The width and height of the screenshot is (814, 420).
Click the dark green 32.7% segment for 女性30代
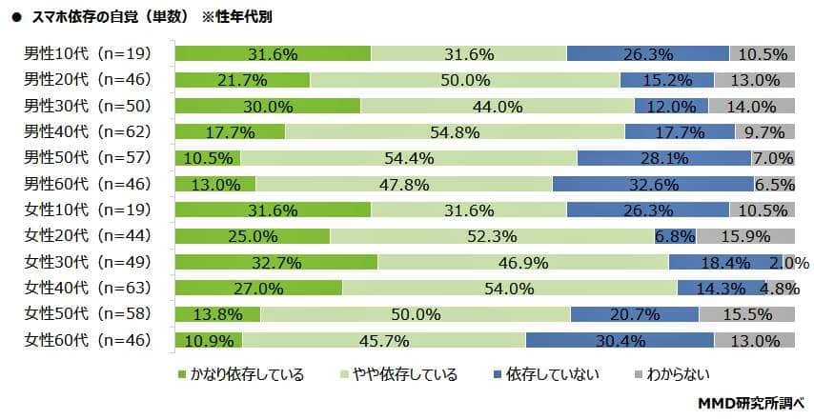coord(276,261)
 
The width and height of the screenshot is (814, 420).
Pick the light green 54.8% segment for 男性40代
coord(455,131)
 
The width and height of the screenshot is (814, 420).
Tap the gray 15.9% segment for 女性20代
coord(744,235)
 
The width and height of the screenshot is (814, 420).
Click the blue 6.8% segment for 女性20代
coord(675,235)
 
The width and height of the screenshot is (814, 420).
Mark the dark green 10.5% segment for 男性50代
coord(208,157)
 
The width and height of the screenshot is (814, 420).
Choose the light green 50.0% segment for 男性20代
coord(464,80)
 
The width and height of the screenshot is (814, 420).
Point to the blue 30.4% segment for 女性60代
coord(620,339)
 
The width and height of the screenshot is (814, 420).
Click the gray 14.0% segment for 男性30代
coord(751,106)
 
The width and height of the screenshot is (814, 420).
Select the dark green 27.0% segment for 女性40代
coord(259,287)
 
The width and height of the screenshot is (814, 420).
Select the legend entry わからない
coord(673,374)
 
